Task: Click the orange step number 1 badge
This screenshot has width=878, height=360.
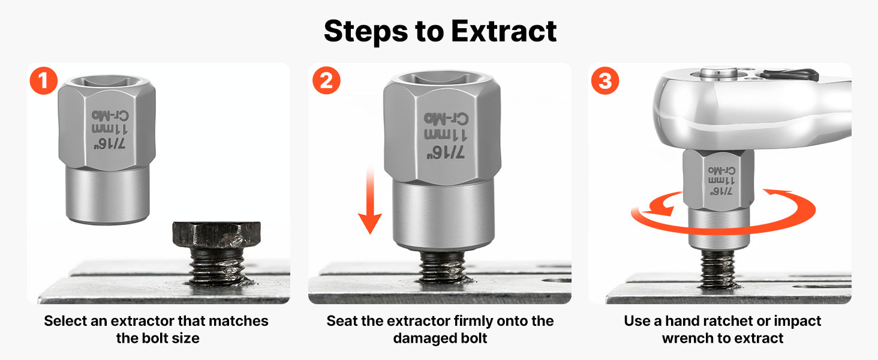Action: [x=44, y=81]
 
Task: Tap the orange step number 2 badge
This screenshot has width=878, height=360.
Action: [x=326, y=81]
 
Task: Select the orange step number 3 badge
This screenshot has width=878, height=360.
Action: [x=605, y=81]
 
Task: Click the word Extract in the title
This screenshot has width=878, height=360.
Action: [x=504, y=31]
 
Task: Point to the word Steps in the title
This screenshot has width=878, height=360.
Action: [x=366, y=31]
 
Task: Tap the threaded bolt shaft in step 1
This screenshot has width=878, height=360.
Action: [x=217, y=266]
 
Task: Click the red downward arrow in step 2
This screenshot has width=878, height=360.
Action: [x=369, y=200]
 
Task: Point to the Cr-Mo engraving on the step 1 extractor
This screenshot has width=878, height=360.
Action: [x=110, y=116]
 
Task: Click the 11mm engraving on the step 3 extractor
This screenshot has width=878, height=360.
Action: [x=721, y=181]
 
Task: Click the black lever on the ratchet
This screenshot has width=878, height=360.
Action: [x=789, y=74]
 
